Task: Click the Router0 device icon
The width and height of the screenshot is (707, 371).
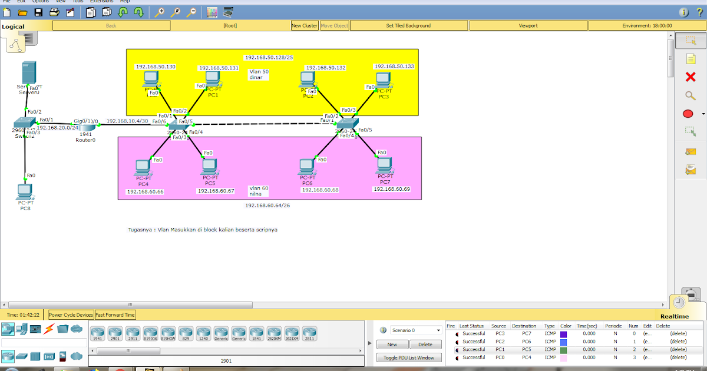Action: point(87,127)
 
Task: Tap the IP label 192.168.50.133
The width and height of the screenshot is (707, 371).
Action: point(394,67)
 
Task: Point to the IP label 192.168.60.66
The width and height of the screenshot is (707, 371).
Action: point(145,191)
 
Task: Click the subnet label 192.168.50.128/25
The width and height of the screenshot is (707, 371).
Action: point(269,57)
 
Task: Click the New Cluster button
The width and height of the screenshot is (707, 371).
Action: point(305,25)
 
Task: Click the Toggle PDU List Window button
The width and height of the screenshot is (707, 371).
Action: point(409,357)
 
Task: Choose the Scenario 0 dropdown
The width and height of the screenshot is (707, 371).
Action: point(415,330)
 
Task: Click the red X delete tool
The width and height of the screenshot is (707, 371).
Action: point(691,77)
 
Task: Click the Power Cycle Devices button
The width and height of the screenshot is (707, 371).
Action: point(71,315)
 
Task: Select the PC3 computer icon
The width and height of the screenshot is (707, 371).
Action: point(383,79)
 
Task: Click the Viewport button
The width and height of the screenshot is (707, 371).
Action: point(528,25)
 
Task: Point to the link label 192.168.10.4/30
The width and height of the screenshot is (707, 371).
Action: point(127,121)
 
